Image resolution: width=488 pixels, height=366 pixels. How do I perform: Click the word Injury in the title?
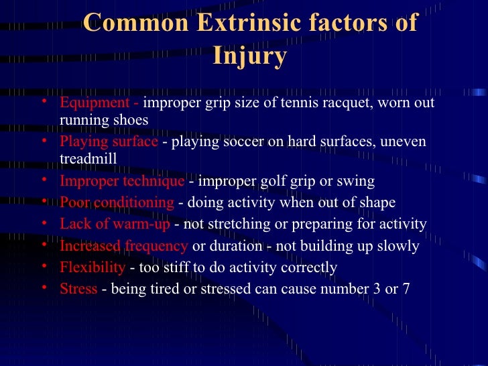coord(249,56)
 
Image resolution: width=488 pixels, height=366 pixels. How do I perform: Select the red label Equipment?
coord(95,103)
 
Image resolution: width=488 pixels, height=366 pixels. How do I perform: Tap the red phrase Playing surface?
coord(109,142)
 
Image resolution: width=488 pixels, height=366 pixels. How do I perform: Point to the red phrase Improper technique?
coord(121,182)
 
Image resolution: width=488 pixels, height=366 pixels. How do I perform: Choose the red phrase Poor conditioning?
coord(117,202)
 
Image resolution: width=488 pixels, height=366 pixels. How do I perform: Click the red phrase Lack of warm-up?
coord(115,224)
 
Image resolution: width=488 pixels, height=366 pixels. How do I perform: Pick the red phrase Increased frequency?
coord(123,246)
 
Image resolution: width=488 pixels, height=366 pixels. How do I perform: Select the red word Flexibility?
coord(93,267)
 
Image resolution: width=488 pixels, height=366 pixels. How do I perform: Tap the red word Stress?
coord(78,290)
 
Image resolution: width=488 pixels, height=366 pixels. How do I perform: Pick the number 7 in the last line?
coord(406,290)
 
